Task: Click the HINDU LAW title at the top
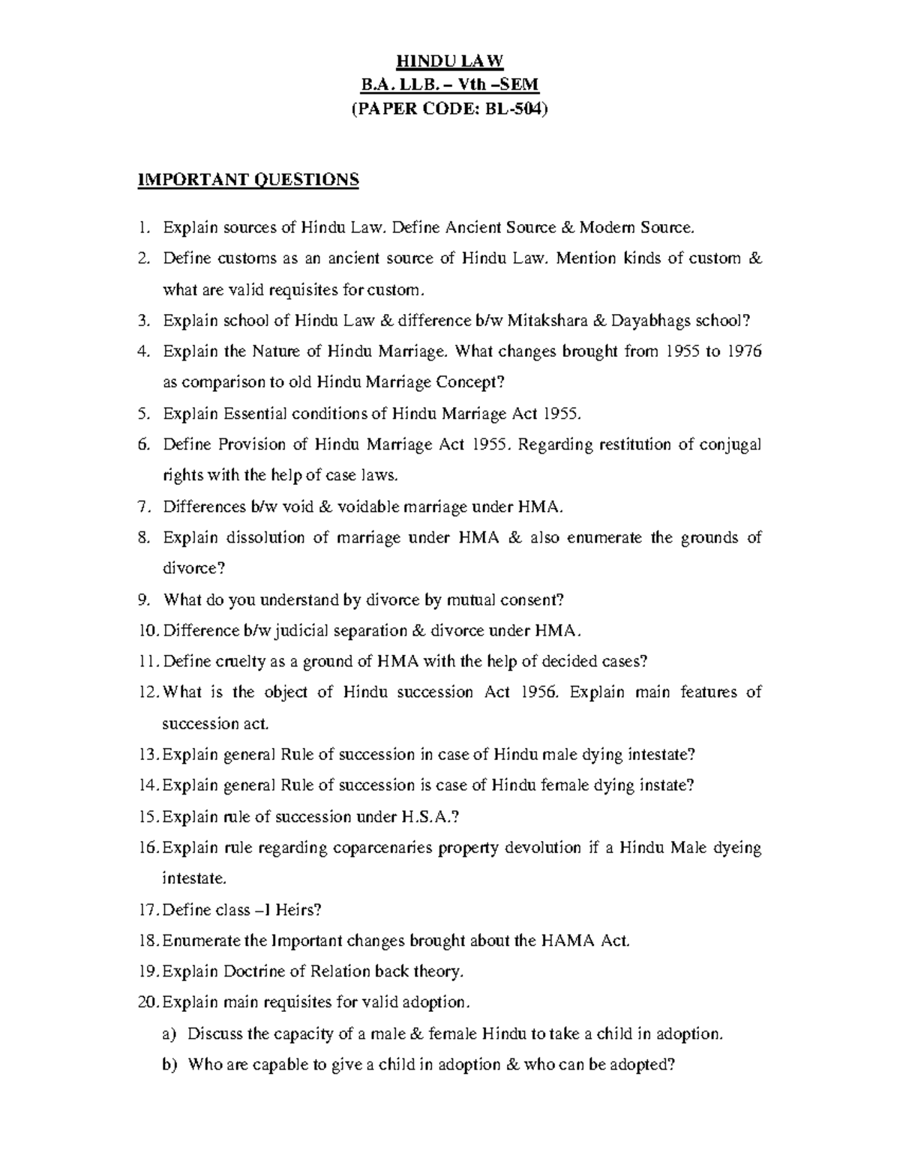pos(450,61)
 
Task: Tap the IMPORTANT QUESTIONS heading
pos(248,180)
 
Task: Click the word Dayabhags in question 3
pos(651,321)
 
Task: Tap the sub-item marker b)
pos(169,1064)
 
